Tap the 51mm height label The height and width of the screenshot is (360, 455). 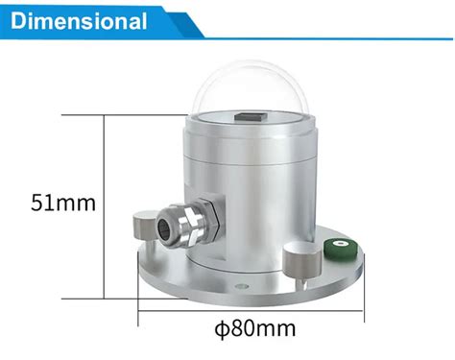pyautogui.click(x=64, y=204)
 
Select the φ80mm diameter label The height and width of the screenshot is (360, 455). pyautogui.click(x=253, y=329)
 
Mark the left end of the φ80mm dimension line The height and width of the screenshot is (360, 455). pyautogui.click(x=140, y=310)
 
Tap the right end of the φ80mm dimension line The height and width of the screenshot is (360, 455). pyautogui.click(x=365, y=310)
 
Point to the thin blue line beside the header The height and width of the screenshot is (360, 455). pyautogui.click(x=326, y=39)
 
